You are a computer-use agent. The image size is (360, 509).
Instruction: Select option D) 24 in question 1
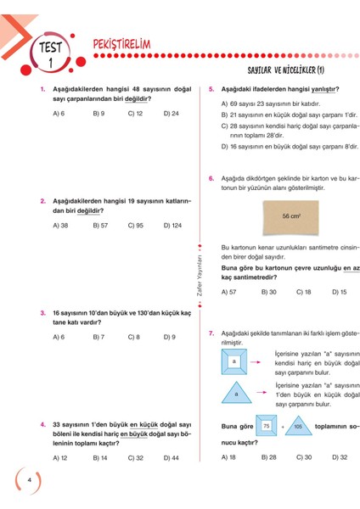point(171,113)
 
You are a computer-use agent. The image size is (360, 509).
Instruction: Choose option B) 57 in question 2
point(100,226)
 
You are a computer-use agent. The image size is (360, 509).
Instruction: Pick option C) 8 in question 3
point(134,337)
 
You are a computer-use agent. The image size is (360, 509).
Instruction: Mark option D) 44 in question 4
point(171,458)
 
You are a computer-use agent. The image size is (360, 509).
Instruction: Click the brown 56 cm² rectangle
point(291,217)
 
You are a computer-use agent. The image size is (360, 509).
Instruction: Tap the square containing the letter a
point(233,361)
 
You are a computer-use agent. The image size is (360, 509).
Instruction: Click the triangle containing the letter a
point(234,394)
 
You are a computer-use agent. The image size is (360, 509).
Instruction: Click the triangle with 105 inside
point(297,426)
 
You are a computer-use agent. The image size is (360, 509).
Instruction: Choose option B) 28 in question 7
point(268,457)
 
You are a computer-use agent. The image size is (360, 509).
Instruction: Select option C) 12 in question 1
point(135,113)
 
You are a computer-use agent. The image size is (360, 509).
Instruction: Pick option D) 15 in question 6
point(338,292)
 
